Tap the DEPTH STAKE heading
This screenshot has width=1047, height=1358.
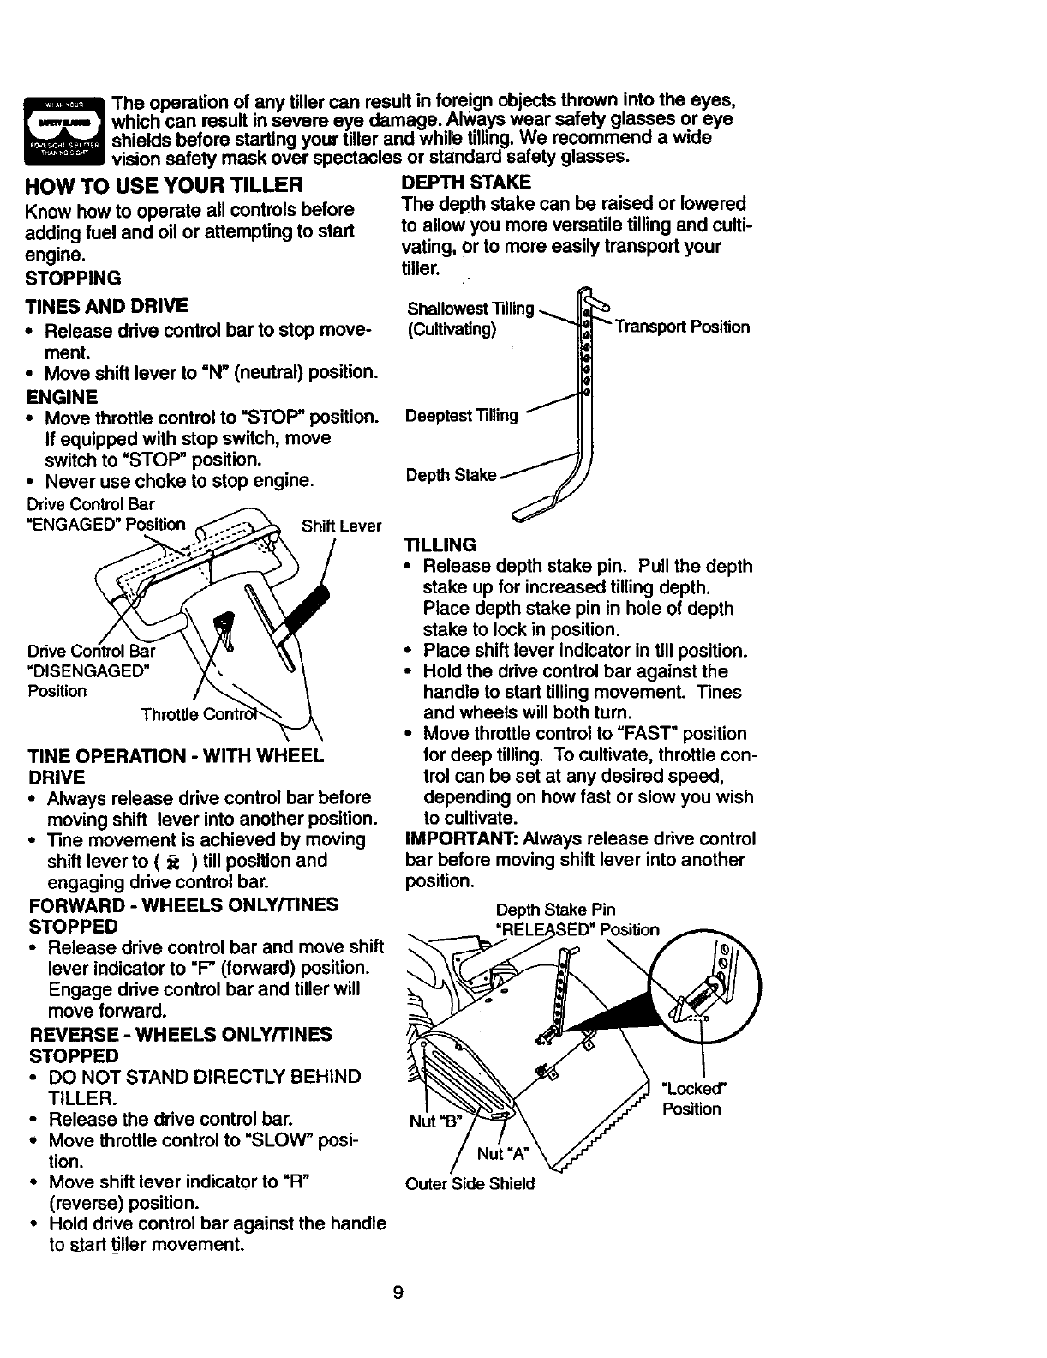tap(466, 182)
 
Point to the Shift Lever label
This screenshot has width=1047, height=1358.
tap(341, 526)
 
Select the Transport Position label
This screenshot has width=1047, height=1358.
tap(681, 327)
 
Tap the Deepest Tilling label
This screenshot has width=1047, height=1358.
tap(462, 416)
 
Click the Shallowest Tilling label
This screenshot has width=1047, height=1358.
tap(470, 309)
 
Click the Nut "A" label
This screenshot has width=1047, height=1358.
tap(501, 1153)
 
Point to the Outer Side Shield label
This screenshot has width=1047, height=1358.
tap(470, 1184)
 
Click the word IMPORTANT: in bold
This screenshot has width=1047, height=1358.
tap(460, 838)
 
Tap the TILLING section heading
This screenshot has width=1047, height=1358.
tap(440, 544)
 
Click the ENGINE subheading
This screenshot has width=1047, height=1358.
tap(63, 397)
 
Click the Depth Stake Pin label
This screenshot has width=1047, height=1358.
tap(555, 910)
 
